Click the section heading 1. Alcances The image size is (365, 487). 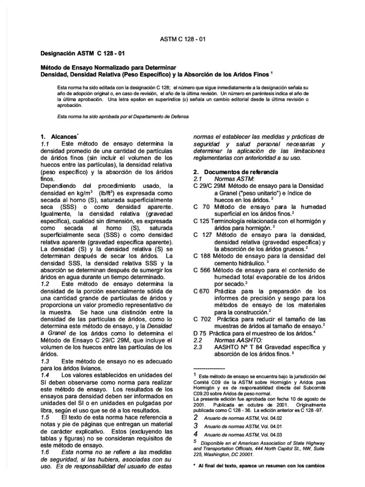[x=59, y=136]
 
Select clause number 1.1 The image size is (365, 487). [x=45, y=143]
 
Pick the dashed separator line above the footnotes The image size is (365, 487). [x=209, y=368]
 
